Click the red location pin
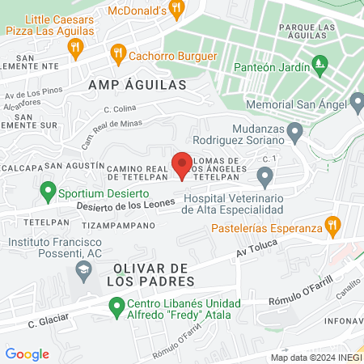click(x=182, y=163)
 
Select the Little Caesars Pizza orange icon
click(x=75, y=47)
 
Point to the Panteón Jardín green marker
click(x=320, y=61)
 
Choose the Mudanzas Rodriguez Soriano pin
click(x=294, y=130)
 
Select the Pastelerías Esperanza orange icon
click(x=330, y=223)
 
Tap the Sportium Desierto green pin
click(x=48, y=192)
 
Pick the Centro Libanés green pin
click(x=116, y=305)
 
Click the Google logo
click(x=27, y=353)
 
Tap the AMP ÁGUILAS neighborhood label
click(x=137, y=84)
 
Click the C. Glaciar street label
click(x=45, y=321)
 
